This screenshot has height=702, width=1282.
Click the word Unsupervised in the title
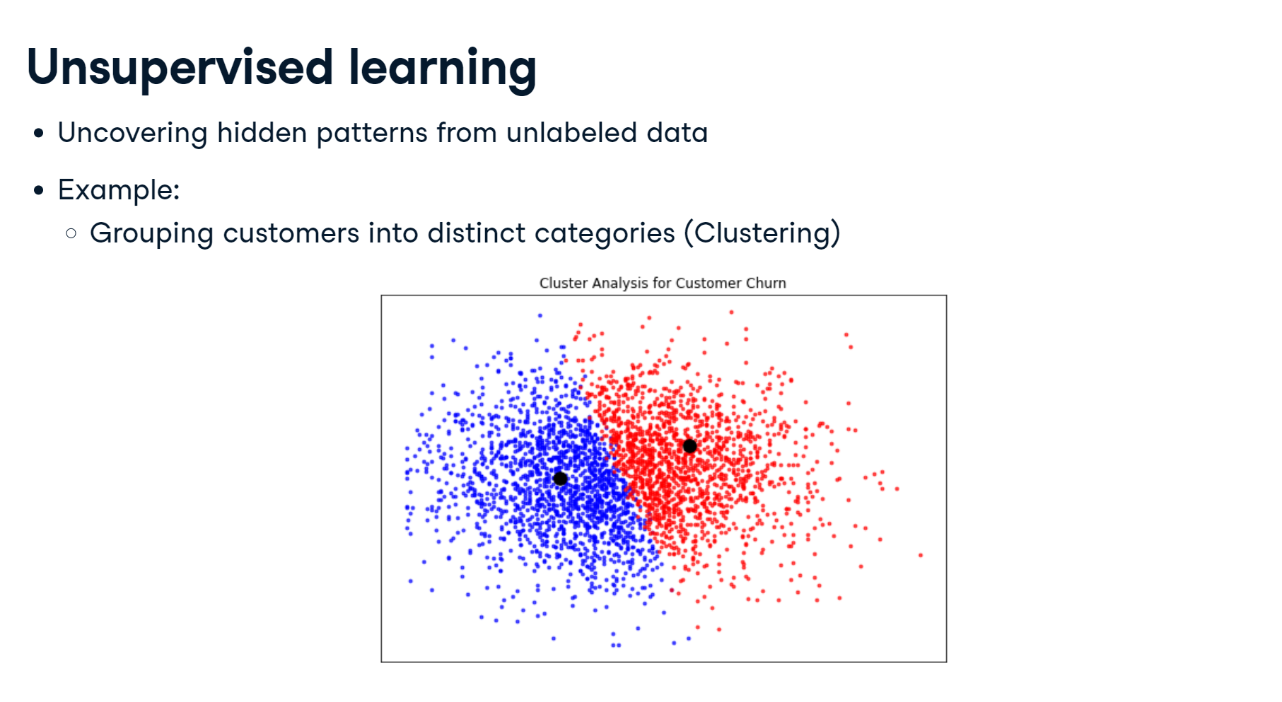tap(180, 69)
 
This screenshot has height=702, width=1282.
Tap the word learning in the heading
tap(443, 69)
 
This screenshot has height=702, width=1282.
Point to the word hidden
tap(262, 132)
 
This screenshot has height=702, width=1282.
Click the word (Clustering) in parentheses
tap(762, 233)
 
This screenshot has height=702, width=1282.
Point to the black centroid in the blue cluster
tap(560, 479)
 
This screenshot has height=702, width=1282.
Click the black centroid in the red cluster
tap(689, 446)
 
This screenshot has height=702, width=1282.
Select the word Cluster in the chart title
tap(564, 283)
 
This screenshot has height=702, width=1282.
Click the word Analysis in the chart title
tap(619, 283)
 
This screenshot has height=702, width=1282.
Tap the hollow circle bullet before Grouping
tap(71, 233)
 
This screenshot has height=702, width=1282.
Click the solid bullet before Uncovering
tap(39, 133)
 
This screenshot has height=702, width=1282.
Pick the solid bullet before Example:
tap(39, 190)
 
